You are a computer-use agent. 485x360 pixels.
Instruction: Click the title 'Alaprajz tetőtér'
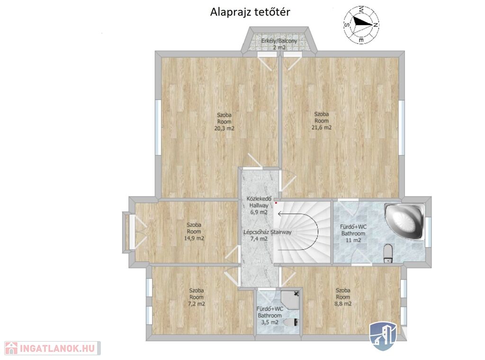click(x=250, y=12)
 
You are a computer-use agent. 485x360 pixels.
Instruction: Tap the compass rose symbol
click(x=361, y=24)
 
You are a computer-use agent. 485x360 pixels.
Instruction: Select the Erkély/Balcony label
click(x=279, y=41)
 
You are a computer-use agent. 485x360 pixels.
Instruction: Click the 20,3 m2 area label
click(x=224, y=128)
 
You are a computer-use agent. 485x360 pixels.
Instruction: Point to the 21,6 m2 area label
click(x=322, y=127)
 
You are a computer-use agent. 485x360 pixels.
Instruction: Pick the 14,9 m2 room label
click(x=194, y=238)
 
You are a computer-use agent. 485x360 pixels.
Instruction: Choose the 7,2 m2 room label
click(x=197, y=304)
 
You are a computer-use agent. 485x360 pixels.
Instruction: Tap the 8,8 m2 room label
click(x=343, y=304)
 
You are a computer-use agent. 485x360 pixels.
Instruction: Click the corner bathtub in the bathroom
click(x=404, y=221)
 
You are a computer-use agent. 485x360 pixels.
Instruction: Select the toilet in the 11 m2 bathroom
click(x=387, y=253)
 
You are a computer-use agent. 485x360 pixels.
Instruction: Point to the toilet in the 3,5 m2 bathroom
click(x=291, y=323)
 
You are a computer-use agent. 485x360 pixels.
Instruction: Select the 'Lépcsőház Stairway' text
click(x=268, y=232)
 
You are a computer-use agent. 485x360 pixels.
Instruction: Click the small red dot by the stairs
click(x=276, y=203)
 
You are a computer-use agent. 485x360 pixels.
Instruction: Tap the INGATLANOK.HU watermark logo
click(x=53, y=348)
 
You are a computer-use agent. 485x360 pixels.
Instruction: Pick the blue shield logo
click(x=383, y=336)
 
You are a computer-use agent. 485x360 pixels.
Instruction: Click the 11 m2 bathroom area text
click(x=353, y=240)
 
